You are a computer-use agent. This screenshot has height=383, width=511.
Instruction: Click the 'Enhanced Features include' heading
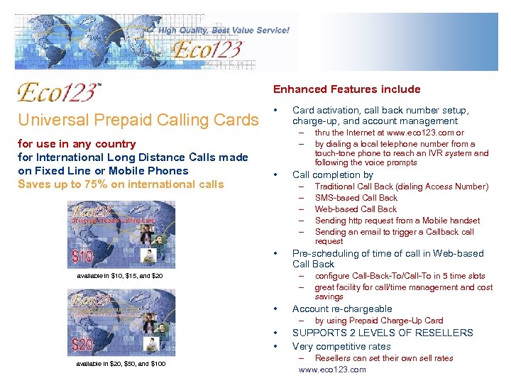[x=346, y=89]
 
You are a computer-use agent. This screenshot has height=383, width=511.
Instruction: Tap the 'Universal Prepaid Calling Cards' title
[x=138, y=120]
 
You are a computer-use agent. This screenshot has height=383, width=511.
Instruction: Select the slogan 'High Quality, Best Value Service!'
[x=224, y=30]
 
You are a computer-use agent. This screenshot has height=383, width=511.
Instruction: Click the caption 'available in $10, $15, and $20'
[x=121, y=275]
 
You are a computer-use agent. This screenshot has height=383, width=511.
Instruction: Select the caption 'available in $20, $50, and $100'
[x=121, y=364]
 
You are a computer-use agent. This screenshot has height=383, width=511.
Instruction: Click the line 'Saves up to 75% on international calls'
[x=121, y=184]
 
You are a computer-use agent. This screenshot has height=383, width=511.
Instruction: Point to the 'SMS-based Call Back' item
[x=356, y=198]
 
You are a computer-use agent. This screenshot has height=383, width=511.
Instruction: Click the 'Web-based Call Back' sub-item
[x=356, y=209]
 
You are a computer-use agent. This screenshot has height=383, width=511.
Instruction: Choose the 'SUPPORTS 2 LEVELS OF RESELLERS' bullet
[x=383, y=333]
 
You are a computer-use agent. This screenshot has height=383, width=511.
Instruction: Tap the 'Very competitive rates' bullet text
[x=341, y=346]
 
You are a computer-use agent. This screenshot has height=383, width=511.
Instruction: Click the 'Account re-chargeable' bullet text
[x=342, y=309]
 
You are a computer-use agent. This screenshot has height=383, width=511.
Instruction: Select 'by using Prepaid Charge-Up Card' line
[x=379, y=321]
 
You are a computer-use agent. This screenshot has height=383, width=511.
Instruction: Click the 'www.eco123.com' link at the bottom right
[x=332, y=370]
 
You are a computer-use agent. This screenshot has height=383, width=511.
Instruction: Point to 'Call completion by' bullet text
[x=332, y=174]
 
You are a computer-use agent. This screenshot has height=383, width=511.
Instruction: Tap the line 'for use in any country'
[x=77, y=144]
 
